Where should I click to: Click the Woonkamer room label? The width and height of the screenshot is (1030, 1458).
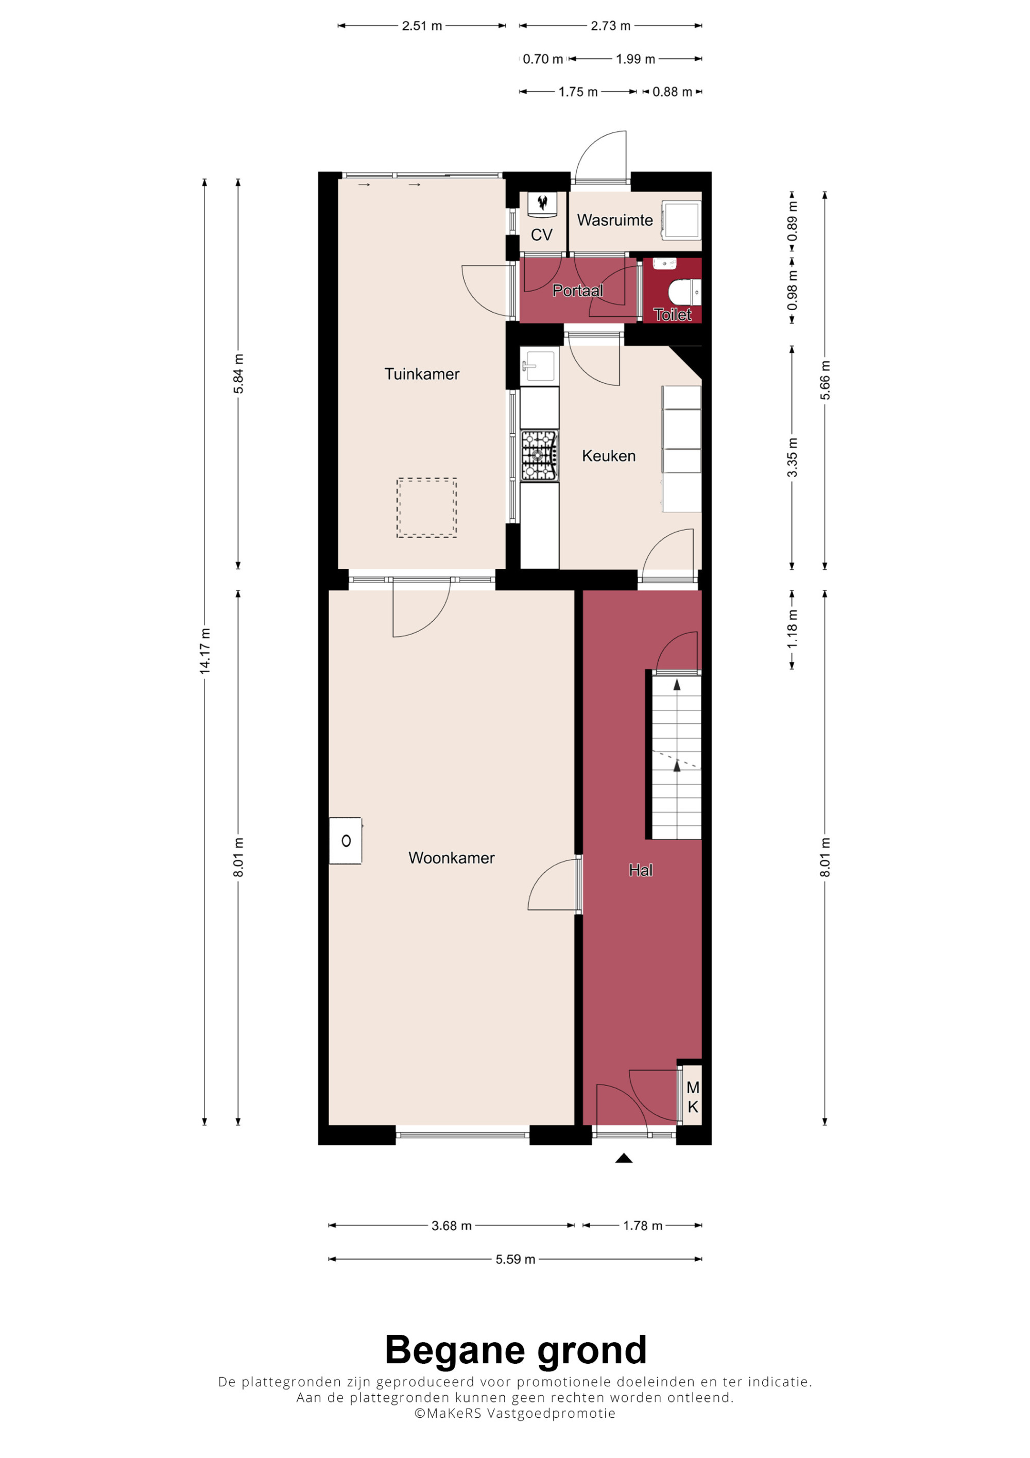point(451,858)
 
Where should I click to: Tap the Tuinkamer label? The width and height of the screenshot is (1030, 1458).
point(422,374)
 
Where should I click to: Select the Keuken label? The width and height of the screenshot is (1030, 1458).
point(609,456)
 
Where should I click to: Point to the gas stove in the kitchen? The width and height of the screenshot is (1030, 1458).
point(539,456)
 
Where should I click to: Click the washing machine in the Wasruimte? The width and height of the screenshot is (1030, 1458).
point(681,219)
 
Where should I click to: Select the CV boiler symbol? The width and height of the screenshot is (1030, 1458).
point(543,203)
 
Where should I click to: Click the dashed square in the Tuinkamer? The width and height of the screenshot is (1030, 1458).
point(426,508)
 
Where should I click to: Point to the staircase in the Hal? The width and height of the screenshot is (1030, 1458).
point(677,755)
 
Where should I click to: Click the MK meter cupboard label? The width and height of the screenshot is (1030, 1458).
point(693,1097)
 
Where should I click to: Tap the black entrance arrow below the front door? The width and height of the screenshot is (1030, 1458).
point(624,1158)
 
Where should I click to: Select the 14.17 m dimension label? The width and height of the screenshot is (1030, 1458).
point(204,650)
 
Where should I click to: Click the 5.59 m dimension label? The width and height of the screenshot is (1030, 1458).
point(516,1259)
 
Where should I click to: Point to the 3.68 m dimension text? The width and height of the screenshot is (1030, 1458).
point(451,1226)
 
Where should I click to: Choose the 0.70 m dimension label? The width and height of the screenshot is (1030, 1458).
point(543,59)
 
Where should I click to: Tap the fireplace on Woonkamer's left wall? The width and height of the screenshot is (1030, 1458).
point(345,841)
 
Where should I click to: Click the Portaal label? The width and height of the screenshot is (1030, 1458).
point(577,291)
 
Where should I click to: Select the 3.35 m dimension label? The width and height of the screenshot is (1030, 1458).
point(792,457)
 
